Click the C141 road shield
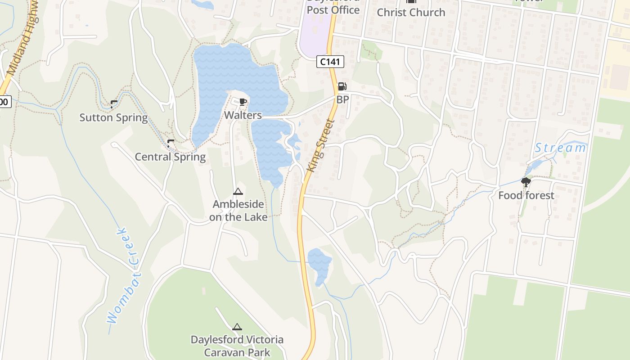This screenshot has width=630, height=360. (330, 62)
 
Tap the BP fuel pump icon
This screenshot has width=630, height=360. (342, 86)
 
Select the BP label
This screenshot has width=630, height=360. (342, 99)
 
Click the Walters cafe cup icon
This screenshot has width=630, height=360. (243, 102)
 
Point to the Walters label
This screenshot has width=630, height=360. (243, 115)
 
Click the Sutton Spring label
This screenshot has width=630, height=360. (113, 117)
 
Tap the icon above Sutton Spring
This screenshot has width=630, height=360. (114, 104)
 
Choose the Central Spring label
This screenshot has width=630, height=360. (170, 157)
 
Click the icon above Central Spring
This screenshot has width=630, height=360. (171, 144)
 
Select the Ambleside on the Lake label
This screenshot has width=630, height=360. (238, 211)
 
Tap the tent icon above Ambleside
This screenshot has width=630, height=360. (238, 192)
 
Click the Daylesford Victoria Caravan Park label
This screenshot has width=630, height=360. (237, 346)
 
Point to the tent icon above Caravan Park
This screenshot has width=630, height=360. (237, 327)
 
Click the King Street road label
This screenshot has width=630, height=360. (321, 145)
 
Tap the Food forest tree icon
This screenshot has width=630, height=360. (526, 182)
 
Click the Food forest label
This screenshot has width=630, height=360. (526, 195)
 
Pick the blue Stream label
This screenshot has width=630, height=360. (560, 148)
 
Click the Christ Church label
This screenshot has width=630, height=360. (411, 12)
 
